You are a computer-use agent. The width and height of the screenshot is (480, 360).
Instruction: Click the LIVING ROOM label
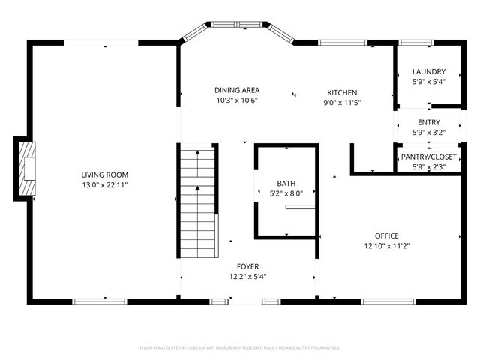(104, 175)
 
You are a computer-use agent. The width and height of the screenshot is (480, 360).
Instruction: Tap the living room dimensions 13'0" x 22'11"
(104, 184)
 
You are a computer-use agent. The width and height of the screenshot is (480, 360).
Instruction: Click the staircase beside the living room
(198, 202)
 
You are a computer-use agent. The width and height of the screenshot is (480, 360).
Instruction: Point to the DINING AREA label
(236, 90)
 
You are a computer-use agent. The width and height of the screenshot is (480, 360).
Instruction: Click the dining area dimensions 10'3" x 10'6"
(236, 100)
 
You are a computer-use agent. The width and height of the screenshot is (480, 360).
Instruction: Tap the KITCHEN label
(341, 92)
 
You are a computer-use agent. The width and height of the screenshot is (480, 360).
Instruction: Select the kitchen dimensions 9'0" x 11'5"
(341, 102)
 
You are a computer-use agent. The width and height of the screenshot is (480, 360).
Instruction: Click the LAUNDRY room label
(428, 72)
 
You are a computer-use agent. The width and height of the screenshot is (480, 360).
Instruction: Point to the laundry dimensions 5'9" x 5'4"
(428, 82)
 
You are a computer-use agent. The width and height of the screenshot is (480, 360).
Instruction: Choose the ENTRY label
(428, 122)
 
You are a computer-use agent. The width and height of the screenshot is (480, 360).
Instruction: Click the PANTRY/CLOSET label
(428, 157)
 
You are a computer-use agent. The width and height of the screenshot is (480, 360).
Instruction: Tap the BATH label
(286, 183)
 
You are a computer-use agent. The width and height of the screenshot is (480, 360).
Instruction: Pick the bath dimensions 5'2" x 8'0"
(286, 193)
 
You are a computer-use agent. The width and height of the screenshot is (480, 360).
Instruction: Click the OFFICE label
(387, 235)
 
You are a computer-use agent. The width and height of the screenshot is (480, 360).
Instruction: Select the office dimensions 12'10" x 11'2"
(387, 245)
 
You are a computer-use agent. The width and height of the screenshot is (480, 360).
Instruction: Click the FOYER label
(247, 266)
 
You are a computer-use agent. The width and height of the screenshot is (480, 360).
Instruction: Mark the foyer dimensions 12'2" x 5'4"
(247, 276)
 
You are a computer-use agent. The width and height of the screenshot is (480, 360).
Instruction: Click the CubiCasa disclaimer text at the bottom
(240, 348)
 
